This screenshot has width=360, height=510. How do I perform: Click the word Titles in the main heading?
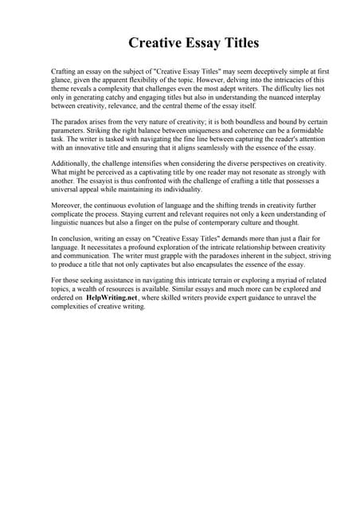pyautogui.click(x=237, y=42)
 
